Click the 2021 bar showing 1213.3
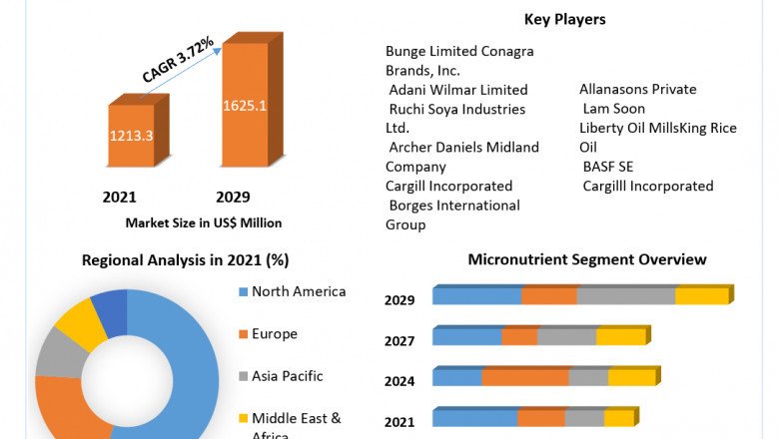131,136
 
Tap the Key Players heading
564,19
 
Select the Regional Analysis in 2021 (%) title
185,260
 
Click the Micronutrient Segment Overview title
587,259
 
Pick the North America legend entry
298,291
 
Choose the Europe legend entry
274,334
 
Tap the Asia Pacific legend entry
286,376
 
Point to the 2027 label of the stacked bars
399,341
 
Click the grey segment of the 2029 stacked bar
625,296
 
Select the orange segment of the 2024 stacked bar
525,377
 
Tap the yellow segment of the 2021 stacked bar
618,418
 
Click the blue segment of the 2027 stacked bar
466,337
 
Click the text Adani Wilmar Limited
458,90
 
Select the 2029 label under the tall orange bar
233,198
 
